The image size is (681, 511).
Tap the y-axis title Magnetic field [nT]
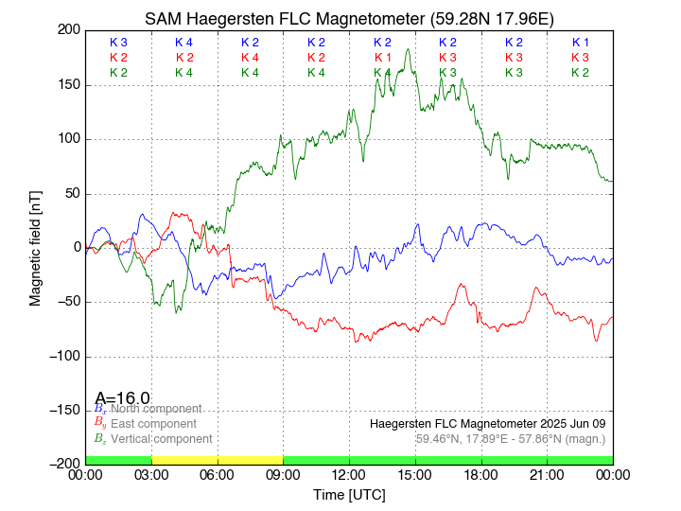36,247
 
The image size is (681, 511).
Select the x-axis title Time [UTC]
349,495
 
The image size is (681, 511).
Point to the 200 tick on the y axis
68,30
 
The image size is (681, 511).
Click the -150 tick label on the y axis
63,410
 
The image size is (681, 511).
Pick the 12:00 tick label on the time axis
349,475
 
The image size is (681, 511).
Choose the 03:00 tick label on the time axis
151,475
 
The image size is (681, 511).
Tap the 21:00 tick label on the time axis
547,475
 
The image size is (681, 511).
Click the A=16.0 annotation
122,398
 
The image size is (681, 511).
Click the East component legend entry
153,424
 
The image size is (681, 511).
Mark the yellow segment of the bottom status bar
217,460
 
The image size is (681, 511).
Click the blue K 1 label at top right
580,43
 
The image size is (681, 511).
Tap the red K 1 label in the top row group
382,58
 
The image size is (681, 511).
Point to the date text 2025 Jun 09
568,423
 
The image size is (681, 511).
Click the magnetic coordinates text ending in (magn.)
510,439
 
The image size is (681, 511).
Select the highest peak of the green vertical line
408,50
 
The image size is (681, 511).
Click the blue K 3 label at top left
118,43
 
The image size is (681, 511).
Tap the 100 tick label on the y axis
68,139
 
